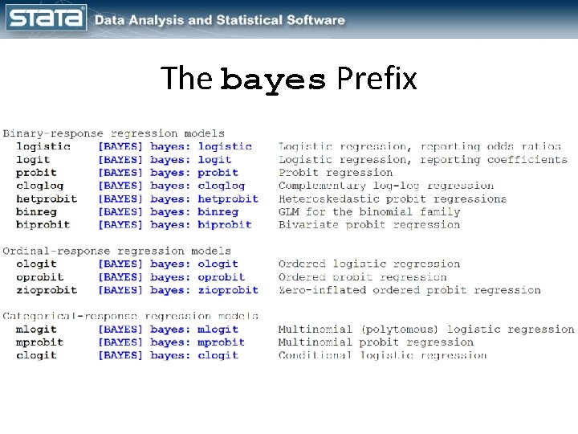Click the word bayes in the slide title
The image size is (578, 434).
tap(274, 80)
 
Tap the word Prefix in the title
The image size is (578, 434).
tap(377, 79)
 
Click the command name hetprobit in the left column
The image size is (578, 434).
tap(47, 199)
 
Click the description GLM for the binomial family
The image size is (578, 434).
tap(369, 212)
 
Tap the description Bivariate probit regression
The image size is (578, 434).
tap(369, 225)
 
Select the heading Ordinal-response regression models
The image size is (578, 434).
tap(116, 251)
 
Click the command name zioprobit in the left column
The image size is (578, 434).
tap(47, 290)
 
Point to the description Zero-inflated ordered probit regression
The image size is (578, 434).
tap(409, 290)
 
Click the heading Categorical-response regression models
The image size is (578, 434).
tap(130, 316)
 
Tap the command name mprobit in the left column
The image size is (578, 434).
tap(40, 342)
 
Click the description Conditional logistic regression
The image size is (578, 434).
tap(382, 355)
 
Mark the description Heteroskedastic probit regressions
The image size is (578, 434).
tap(393, 199)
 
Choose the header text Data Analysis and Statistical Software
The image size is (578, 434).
tap(220, 20)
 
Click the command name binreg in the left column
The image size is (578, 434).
tap(37, 212)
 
